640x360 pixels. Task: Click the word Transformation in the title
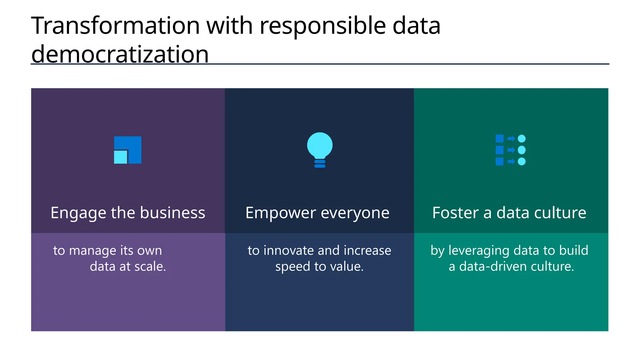pos(115,26)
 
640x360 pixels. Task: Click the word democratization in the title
pos(120,54)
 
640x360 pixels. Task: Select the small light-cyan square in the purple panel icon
pos(121,157)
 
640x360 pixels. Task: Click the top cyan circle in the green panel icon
pos(522,138)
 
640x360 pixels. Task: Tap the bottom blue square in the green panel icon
pos(499,162)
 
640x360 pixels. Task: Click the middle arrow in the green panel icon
pos(511,150)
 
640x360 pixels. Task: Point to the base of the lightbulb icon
pos(320,164)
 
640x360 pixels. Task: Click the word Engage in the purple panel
pos(74,213)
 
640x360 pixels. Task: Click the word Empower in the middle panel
pos(281,213)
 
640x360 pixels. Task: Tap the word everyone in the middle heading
pos(355,213)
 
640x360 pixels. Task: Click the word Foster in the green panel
pos(455,213)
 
